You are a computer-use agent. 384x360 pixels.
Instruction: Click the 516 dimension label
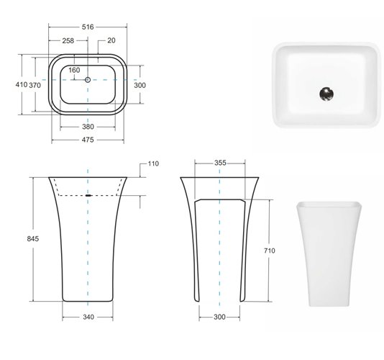click(x=88, y=27)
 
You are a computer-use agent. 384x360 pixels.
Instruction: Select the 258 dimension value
click(x=68, y=40)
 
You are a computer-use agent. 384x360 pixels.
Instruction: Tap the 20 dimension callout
click(x=111, y=40)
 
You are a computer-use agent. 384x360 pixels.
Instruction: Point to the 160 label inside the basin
click(x=74, y=70)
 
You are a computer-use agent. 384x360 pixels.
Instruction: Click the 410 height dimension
click(x=22, y=85)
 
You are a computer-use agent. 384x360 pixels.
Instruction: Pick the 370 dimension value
click(x=35, y=86)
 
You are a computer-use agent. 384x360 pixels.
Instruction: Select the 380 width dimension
click(x=88, y=127)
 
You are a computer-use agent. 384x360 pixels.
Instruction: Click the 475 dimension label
click(x=88, y=140)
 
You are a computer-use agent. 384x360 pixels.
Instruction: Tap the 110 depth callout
click(x=153, y=163)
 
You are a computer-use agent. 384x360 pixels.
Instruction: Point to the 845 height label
click(x=33, y=238)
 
